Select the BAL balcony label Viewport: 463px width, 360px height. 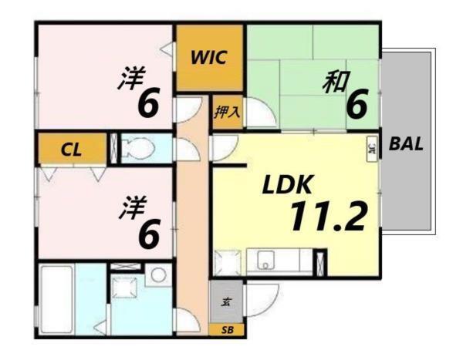coord(407,143)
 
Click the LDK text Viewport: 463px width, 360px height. coord(287,185)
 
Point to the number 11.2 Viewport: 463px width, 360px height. coord(326,217)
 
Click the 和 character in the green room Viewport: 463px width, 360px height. coord(334,81)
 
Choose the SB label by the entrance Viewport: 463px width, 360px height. coord(226,330)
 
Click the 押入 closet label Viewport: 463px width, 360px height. coord(227,112)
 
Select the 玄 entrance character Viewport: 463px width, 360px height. coord(226,301)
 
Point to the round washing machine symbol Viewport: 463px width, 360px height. coord(160,274)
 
